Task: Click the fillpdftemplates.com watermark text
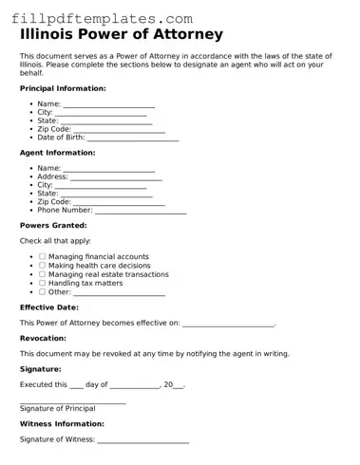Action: click(x=103, y=18)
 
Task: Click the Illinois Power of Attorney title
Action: click(x=122, y=35)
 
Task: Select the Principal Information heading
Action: click(x=63, y=87)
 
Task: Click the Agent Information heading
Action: click(x=57, y=152)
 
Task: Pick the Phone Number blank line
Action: click(x=140, y=210)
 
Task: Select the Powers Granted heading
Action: click(x=53, y=225)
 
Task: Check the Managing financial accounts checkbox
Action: click(x=42, y=256)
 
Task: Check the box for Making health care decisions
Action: click(x=42, y=266)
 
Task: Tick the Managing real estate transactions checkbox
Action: click(x=42, y=274)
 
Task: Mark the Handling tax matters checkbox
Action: click(x=42, y=283)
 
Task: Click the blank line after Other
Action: click(x=120, y=292)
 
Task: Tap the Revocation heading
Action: click(x=43, y=338)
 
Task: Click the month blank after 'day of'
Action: click(x=134, y=384)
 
